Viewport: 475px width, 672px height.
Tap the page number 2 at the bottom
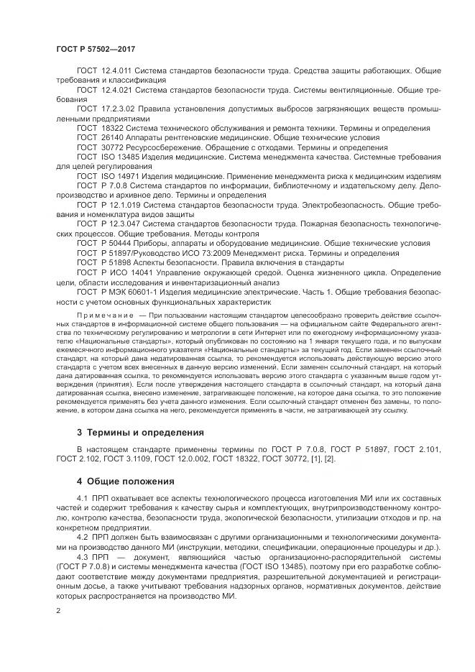58,611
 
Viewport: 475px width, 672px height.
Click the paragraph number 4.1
83,499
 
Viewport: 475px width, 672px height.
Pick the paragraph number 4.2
83,537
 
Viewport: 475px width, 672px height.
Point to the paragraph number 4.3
83,556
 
